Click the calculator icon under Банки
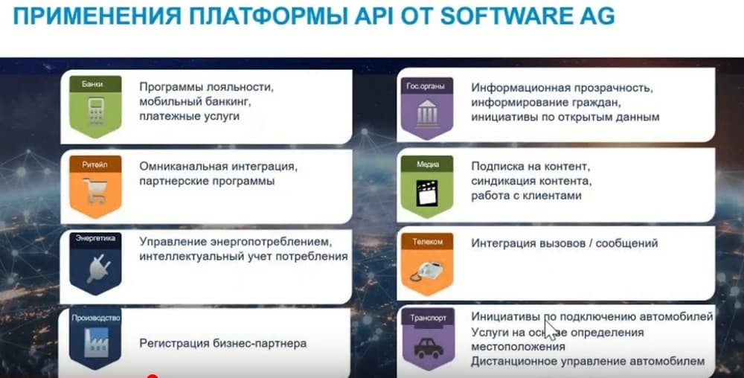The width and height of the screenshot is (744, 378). point(96,112)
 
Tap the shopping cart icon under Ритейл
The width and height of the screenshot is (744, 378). point(95,190)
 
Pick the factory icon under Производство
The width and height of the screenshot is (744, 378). point(96,342)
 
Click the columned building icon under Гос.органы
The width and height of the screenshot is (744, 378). point(428,113)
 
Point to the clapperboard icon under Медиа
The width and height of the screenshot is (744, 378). point(427,192)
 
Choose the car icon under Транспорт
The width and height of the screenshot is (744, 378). point(429,348)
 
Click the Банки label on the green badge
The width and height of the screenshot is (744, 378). point(92,84)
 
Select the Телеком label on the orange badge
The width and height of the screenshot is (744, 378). point(428,241)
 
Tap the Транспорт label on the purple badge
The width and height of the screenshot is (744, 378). point(428,318)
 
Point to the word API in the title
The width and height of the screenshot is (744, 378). point(373,16)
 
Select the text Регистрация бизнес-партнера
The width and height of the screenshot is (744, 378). point(223,343)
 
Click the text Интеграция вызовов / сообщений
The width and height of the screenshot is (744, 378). point(565,243)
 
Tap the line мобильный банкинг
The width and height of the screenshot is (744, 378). point(195,101)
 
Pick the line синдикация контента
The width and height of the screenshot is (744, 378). point(531,181)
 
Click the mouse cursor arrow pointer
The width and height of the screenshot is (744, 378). point(550,330)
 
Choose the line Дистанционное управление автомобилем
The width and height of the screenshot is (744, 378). point(588,362)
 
